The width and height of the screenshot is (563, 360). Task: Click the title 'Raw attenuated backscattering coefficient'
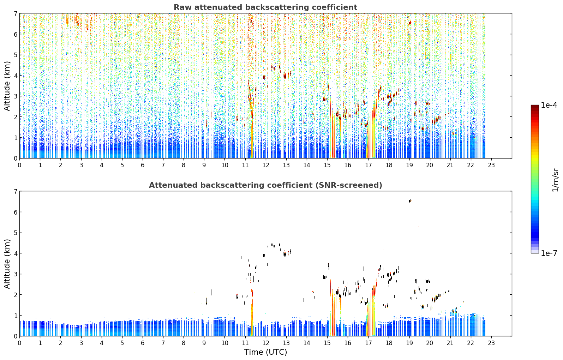click(265, 7)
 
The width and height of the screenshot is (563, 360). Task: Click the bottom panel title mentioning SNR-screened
click(265, 185)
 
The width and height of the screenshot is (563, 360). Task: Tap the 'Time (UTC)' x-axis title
click(265, 352)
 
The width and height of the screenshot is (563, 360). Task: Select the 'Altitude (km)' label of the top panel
click(7, 86)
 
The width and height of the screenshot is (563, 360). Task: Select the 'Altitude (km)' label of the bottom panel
click(7, 264)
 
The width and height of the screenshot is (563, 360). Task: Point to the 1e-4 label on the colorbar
click(549, 105)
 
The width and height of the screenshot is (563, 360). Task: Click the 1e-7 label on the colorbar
click(549, 253)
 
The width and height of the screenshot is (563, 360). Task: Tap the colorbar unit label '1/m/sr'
click(555, 180)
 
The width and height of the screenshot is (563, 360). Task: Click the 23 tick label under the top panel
click(491, 165)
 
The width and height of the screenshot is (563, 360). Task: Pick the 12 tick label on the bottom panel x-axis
click(266, 343)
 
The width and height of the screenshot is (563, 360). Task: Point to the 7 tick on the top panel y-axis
click(16, 13)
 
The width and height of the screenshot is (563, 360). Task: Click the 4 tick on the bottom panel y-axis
click(16, 253)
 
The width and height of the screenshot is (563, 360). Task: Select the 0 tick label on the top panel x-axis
click(20, 165)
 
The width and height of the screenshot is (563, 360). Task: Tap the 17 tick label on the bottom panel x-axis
click(368, 343)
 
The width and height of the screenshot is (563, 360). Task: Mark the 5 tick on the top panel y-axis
click(16, 55)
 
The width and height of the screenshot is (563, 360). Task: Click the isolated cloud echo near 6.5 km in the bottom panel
click(411, 200)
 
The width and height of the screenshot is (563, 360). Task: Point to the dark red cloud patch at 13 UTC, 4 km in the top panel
click(286, 76)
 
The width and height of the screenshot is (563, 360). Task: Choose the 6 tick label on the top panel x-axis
click(143, 165)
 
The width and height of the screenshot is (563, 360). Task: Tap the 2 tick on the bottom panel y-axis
click(16, 295)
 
